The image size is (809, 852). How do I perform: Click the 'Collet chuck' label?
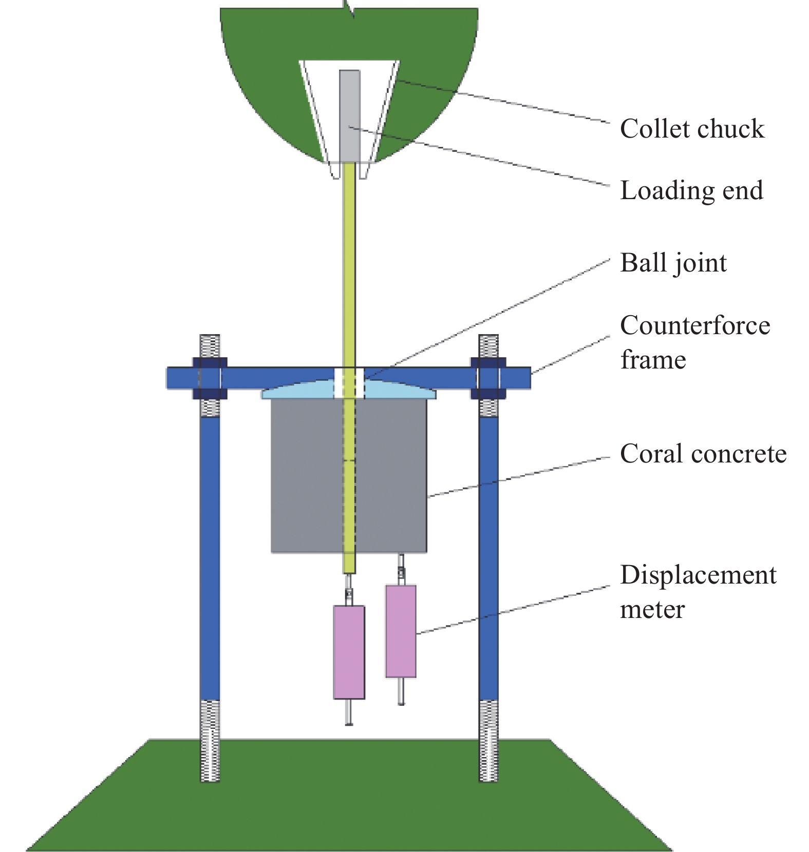(x=692, y=129)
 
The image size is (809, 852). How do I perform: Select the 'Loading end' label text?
(x=691, y=191)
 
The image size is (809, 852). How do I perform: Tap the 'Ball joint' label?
(x=673, y=263)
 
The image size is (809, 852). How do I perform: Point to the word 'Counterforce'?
(x=695, y=325)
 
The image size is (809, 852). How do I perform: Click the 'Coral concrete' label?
(x=703, y=454)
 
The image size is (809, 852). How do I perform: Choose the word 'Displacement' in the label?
(x=698, y=575)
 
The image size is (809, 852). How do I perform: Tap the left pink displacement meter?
(x=349, y=652)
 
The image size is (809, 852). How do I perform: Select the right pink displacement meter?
(x=401, y=631)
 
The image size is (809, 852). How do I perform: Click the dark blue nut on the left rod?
(x=210, y=378)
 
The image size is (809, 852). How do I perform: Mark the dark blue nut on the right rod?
(x=488, y=378)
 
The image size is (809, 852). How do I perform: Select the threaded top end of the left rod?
(x=210, y=346)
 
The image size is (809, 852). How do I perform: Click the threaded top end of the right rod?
(x=488, y=346)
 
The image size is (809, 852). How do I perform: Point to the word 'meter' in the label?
(x=652, y=610)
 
